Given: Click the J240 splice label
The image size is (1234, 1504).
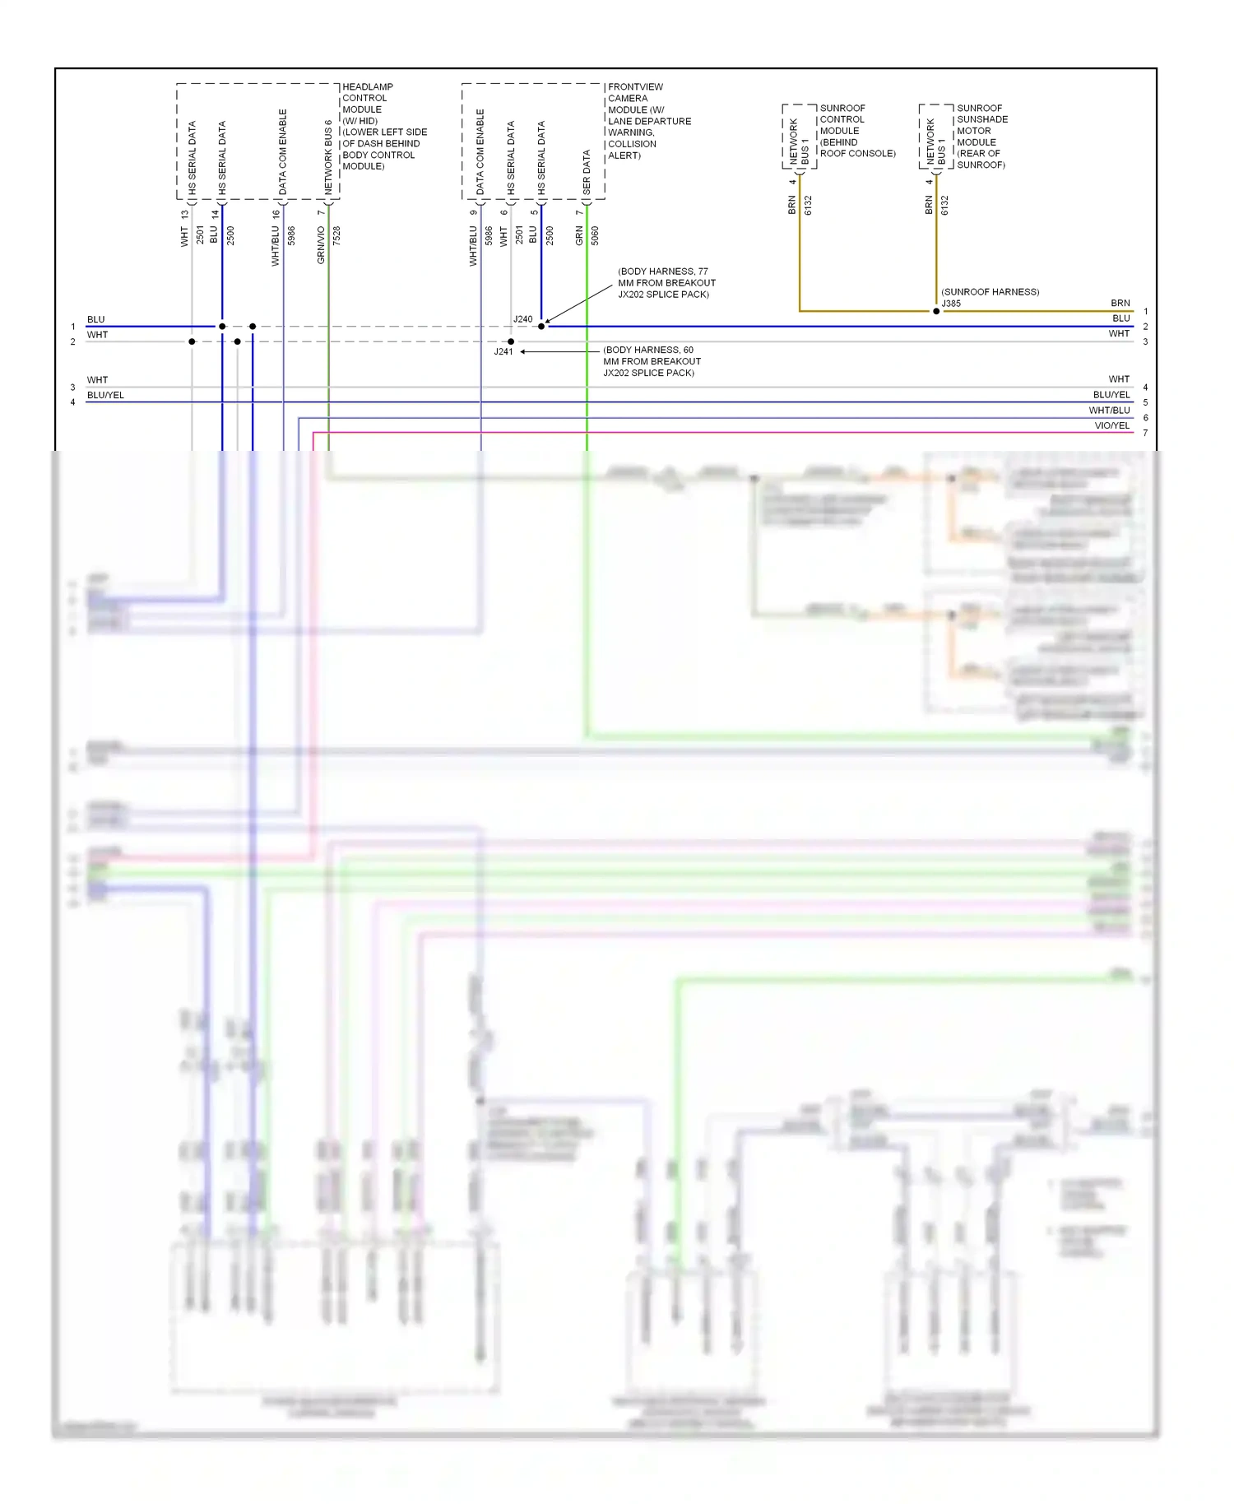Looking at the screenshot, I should (522, 319).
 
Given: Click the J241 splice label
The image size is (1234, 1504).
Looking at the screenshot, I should (503, 352).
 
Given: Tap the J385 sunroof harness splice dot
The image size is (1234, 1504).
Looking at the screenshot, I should (936, 312).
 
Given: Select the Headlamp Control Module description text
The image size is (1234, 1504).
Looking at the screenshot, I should (383, 127).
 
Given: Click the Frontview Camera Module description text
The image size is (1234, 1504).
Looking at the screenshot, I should (648, 121).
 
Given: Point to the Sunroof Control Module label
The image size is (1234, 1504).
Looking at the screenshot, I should (856, 131).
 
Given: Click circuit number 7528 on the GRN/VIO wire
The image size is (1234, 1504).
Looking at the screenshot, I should (336, 235).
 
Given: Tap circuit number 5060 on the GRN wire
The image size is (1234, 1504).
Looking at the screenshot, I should (595, 235).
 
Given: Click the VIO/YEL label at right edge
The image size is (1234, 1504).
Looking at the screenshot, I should (1111, 426).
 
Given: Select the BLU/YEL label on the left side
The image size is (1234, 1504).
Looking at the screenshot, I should (105, 396).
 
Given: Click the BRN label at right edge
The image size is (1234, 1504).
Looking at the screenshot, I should (1120, 304).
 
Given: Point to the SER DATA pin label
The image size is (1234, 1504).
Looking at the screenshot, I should (587, 172).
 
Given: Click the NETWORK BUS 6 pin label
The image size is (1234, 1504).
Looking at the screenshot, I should (328, 157).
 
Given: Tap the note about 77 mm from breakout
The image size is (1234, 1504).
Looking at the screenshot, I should (666, 283).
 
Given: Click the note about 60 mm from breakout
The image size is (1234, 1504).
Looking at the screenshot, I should (652, 362).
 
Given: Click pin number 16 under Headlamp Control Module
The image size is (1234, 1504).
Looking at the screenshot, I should (276, 214).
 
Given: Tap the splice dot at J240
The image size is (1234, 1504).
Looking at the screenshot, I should (541, 327).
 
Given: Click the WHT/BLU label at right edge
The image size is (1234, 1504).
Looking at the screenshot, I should (1109, 411).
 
